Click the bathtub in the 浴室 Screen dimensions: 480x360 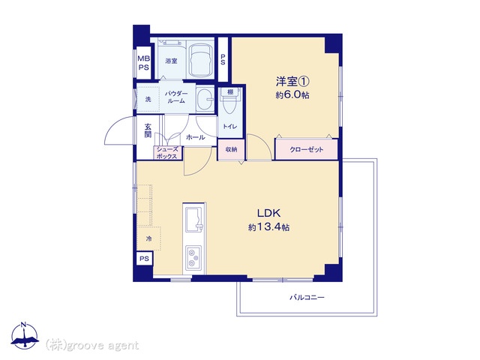pos(201,60)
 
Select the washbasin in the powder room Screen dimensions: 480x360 pos(205,100)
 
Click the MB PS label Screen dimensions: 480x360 pos(143,63)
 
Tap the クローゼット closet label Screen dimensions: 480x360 pos(307,150)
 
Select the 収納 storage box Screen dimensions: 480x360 pos(231,150)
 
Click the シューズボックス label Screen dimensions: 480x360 pos(167,153)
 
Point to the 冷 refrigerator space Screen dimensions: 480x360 pos(148,238)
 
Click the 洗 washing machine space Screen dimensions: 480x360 pos(148,100)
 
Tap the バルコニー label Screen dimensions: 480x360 pos(307,297)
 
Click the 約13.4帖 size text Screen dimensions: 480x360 pos(268,227)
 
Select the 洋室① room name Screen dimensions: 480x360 pos(292,82)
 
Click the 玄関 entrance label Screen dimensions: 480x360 pos(148,130)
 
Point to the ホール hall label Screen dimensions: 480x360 pos(195,137)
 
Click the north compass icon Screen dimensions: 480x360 pos(25,335)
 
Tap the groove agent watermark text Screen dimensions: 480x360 pos(92,345)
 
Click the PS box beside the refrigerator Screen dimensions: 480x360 pos(144,259)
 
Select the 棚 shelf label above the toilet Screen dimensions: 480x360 pos(230,91)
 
